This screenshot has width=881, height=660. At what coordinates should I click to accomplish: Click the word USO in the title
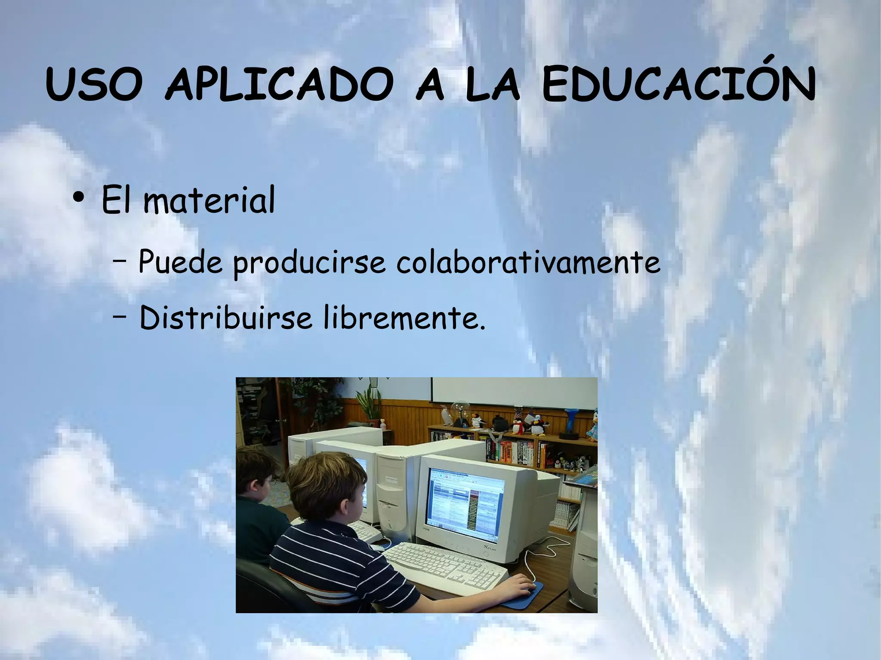point(94,84)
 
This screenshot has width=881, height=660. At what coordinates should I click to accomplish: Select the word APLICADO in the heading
point(279,84)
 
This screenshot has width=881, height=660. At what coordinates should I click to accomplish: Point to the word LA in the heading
point(492,84)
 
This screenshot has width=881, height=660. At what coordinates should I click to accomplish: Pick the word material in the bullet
point(209,200)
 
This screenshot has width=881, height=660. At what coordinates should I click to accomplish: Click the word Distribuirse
point(225,318)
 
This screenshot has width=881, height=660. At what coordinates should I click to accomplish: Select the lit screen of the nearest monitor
point(467,501)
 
